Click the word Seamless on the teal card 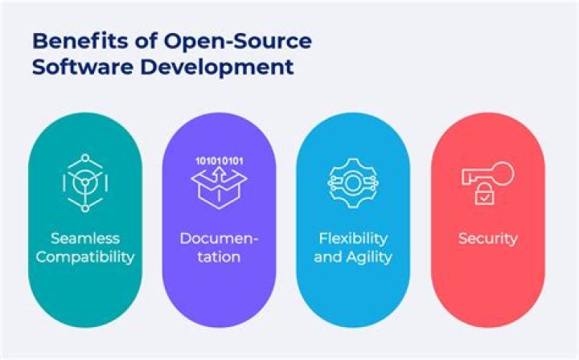coord(85,239)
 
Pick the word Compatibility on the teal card coord(85,257)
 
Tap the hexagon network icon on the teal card coord(85,182)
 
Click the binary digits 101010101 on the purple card coord(220,161)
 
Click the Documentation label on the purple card coord(220,247)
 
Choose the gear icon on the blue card coord(354,182)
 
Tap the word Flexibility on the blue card coord(354,239)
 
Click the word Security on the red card coord(487,239)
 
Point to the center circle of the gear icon coord(354,182)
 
